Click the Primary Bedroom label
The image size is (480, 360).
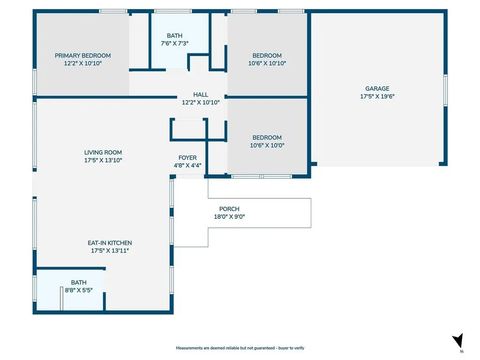pos(82,55)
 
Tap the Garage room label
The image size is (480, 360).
pos(377,88)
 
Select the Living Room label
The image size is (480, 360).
pos(103,152)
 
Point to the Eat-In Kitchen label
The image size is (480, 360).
pos(111,243)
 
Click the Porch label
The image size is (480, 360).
pos(229,209)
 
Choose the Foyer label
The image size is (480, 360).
pos(188,157)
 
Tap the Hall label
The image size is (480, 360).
pos(200,94)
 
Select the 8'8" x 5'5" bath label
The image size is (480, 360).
pos(78,282)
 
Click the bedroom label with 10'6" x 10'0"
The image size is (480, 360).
pos(266,137)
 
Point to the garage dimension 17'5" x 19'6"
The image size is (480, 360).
pos(377,96)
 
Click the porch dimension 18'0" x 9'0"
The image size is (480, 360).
pos(229,217)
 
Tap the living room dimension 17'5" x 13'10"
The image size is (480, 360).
pos(103,160)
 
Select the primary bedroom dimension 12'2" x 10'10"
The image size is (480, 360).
pos(82,63)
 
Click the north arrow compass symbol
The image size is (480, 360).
pos(458,341)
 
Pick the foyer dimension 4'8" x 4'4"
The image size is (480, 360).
pos(188,165)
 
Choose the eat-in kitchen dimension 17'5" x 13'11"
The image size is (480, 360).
pos(111,251)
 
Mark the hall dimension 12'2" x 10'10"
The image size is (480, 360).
pos(200,102)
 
